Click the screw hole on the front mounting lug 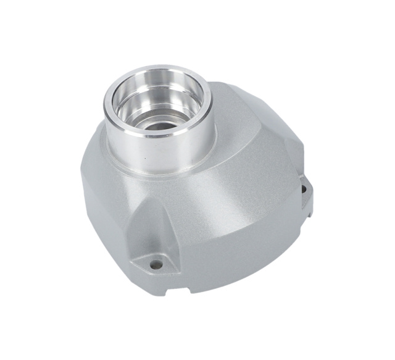(x=156, y=264)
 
